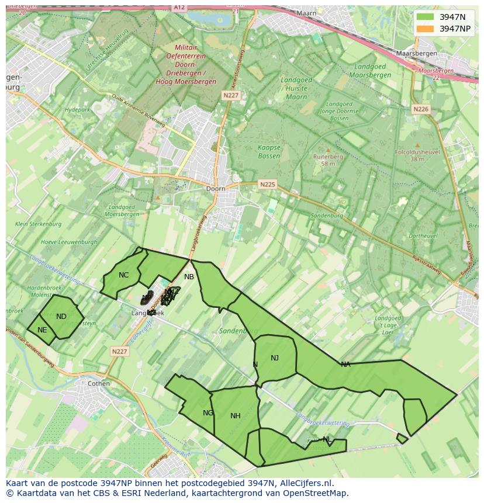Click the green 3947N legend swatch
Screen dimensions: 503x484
426,17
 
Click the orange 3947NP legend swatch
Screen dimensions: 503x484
426,29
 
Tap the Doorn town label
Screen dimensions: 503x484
216,189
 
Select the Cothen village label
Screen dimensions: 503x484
98,384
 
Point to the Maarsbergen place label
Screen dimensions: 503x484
417,53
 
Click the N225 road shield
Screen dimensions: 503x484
267,184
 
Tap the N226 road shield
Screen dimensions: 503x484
420,109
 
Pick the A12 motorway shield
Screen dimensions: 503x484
179,7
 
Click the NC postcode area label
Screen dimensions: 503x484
123,275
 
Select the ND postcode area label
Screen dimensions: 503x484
61,317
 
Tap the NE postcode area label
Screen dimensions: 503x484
42,330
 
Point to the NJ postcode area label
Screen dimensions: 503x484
275,358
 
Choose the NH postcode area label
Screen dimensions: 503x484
236,416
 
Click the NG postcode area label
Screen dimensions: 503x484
208,413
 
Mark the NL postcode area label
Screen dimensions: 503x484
327,439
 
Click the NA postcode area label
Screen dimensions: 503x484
345,365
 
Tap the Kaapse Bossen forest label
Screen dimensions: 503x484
269,152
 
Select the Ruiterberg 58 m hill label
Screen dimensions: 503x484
328,160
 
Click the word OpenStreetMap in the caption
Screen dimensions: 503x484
314,493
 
